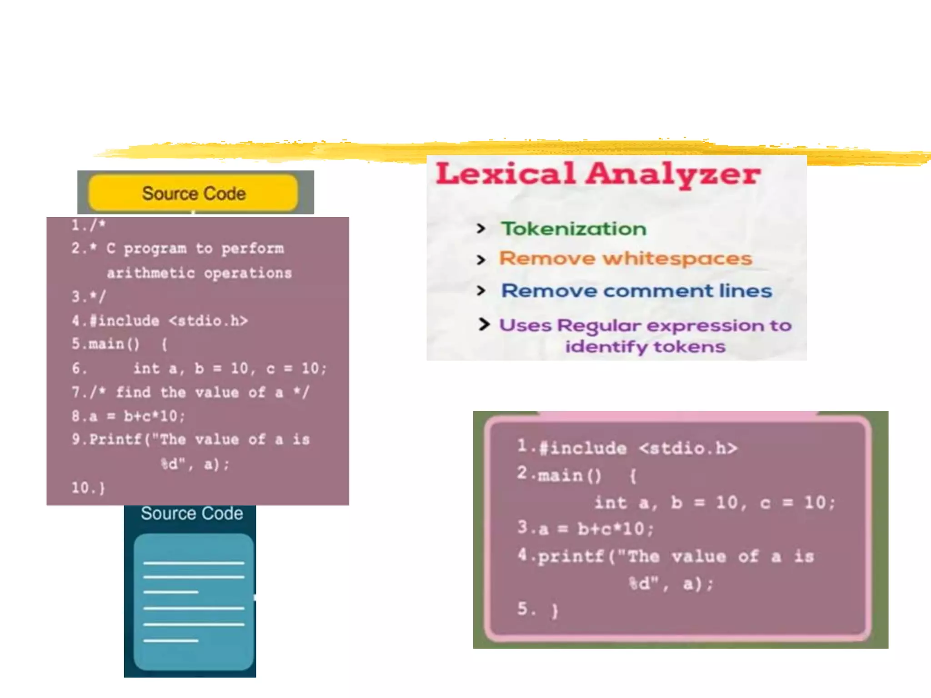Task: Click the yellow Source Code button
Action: click(193, 193)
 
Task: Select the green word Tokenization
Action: click(573, 229)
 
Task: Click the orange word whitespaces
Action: click(677, 259)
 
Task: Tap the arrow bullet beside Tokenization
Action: click(481, 229)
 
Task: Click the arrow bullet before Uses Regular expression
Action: click(484, 324)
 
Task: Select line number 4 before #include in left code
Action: click(76, 321)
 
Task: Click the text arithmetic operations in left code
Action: click(199, 273)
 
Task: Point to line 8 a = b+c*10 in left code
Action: click(128, 416)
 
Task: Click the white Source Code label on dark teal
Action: click(191, 514)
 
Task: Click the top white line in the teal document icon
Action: click(194, 563)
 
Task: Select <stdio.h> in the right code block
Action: click(687, 449)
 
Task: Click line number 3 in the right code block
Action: click(522, 527)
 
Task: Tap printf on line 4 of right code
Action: click(571, 556)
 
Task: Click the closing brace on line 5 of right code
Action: click(554, 610)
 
